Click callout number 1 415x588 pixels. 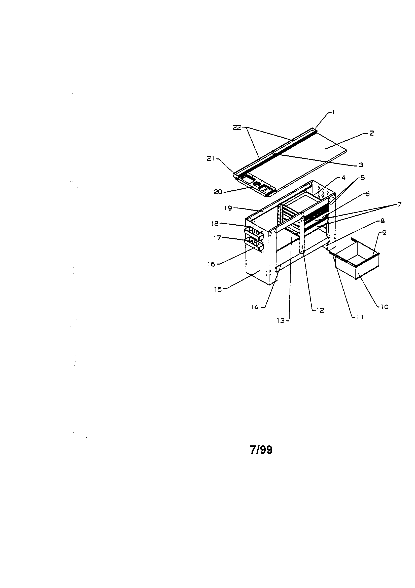tap(333, 112)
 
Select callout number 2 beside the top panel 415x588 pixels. tap(372, 133)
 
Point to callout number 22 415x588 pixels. tap(237, 127)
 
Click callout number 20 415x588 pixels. tap(218, 192)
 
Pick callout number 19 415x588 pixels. tap(228, 208)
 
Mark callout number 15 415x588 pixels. tap(218, 290)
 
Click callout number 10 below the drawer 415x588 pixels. tap(385, 307)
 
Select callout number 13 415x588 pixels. tap(281, 320)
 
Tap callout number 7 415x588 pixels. tap(399, 204)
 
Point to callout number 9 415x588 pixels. tap(385, 233)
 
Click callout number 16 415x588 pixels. tap(211, 264)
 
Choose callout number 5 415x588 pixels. tap(362, 178)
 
